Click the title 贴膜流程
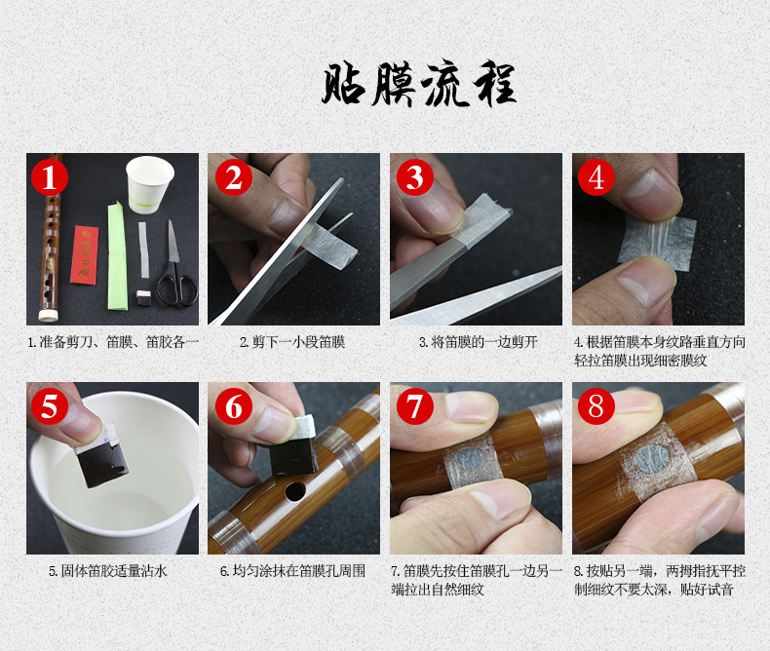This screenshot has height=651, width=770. click(x=419, y=83)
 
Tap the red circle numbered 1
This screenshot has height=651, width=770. click(x=50, y=176)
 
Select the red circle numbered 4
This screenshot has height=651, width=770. click(x=597, y=176)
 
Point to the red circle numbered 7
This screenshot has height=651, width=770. click(x=415, y=406)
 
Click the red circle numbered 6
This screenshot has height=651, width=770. click(x=234, y=406)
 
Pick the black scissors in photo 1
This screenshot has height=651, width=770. click(x=175, y=268)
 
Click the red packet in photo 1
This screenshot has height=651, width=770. click(x=84, y=254)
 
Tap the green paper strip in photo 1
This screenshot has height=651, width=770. click(x=117, y=256)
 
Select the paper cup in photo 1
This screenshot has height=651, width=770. click(x=149, y=184)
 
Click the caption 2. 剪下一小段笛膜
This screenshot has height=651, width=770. click(x=292, y=342)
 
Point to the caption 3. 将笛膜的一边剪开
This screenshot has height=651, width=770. click(x=478, y=342)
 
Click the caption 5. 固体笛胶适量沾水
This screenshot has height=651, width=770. click(x=108, y=571)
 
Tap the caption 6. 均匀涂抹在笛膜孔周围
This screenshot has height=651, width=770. click(x=292, y=571)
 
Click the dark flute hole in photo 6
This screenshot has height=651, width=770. click(x=295, y=491)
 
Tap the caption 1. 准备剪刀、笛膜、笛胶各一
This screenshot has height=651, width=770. click(x=113, y=342)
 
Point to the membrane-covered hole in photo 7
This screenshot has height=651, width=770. click(x=471, y=458)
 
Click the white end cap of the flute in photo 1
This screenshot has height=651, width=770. click(x=48, y=315)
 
